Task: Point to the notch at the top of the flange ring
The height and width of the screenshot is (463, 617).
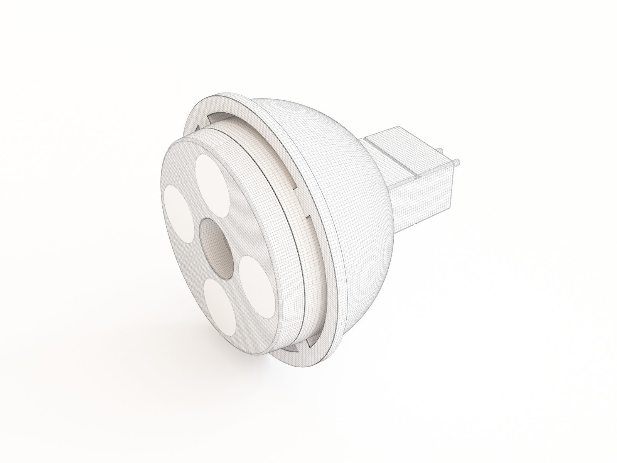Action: (216, 116)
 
